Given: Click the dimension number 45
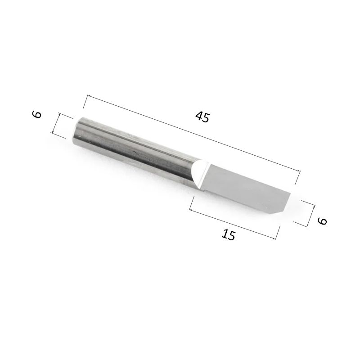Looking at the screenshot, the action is pos(202,117).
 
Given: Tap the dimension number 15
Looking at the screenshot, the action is pos(229,234).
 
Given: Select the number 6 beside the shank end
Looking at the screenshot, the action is pos(37,114).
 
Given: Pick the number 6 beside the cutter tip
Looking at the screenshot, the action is pos(322,221).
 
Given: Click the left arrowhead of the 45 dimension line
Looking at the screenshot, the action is pos(89,96).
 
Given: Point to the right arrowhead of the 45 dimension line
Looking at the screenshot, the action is pos(298,171).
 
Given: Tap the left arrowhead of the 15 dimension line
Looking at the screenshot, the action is pos(191,209).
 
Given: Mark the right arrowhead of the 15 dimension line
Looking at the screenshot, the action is pos(274,238).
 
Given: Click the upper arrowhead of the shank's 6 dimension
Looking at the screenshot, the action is pos(59,115).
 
